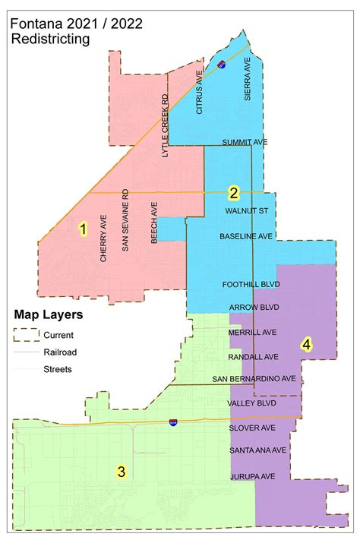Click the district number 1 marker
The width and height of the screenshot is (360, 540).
click(84, 227)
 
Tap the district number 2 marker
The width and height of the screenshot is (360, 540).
click(234, 193)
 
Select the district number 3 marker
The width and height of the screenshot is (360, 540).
click(121, 472)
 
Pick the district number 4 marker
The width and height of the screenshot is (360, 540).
click(306, 344)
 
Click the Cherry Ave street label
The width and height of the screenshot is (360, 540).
click(103, 245)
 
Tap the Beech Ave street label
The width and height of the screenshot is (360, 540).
click(153, 223)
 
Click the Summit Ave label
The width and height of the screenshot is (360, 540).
click(246, 142)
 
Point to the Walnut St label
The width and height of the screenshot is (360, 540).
click(247, 210)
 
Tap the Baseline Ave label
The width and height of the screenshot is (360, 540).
click(246, 237)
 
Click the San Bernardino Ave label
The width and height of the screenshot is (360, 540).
click(254, 379)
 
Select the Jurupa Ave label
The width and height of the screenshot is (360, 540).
click(251, 476)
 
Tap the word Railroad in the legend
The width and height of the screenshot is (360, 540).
click(60, 352)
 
